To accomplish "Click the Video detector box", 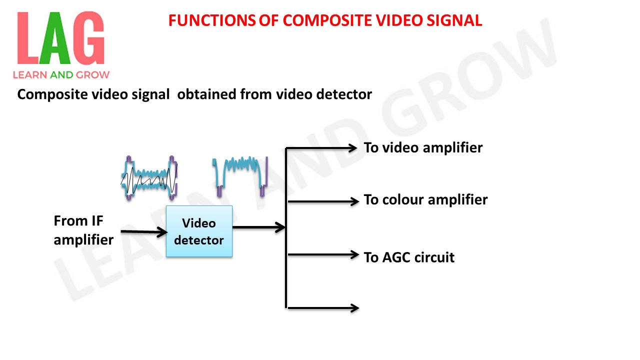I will tap(199, 231).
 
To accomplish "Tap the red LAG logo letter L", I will tap(28, 39).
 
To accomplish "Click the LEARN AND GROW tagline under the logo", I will tap(61, 75).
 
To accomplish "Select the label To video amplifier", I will tap(423, 148).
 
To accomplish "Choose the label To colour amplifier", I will tap(425, 200).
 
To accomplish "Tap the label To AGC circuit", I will tap(409, 257).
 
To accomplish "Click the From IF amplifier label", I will tap(83, 230).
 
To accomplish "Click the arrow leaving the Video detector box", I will tap(258, 227).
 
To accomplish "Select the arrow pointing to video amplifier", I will tap(322, 148).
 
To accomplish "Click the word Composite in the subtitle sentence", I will tap(50, 94).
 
